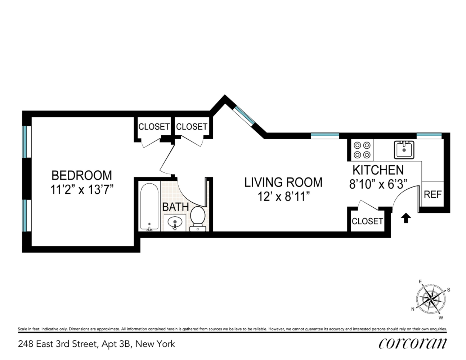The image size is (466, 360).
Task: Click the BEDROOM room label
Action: pos(82,175)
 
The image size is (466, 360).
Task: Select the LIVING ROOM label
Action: pos(283,182)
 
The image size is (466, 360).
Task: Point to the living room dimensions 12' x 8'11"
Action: pos(283,197)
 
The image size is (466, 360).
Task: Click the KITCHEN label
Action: pos(378,170)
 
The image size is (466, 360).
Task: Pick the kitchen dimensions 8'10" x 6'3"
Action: pos(378,184)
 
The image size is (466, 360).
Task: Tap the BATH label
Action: pos(175,207)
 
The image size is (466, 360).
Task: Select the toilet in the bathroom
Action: pos(197,218)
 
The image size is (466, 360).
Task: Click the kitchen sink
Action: pos(404,149)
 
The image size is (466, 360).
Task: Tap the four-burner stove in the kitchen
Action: pos(362,150)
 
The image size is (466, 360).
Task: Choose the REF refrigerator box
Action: pos(433,194)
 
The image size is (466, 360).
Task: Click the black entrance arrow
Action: pos(406,217)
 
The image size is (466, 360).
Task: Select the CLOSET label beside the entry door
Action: pos(367,221)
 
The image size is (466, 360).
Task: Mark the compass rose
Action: pos(430,299)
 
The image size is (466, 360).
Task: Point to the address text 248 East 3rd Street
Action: pos(58,344)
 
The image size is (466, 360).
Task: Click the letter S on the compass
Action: pos(448,290)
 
